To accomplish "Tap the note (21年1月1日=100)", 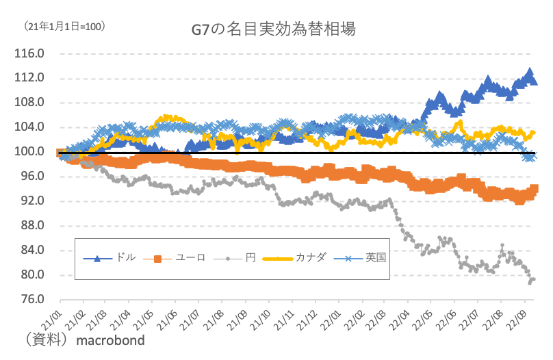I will coord(64,27).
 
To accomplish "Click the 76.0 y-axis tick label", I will coord(31,300).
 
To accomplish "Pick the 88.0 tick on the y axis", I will coord(31,226).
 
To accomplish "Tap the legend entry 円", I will coord(250,258).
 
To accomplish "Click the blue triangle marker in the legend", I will coord(97,258).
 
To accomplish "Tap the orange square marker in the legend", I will coord(158,258).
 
